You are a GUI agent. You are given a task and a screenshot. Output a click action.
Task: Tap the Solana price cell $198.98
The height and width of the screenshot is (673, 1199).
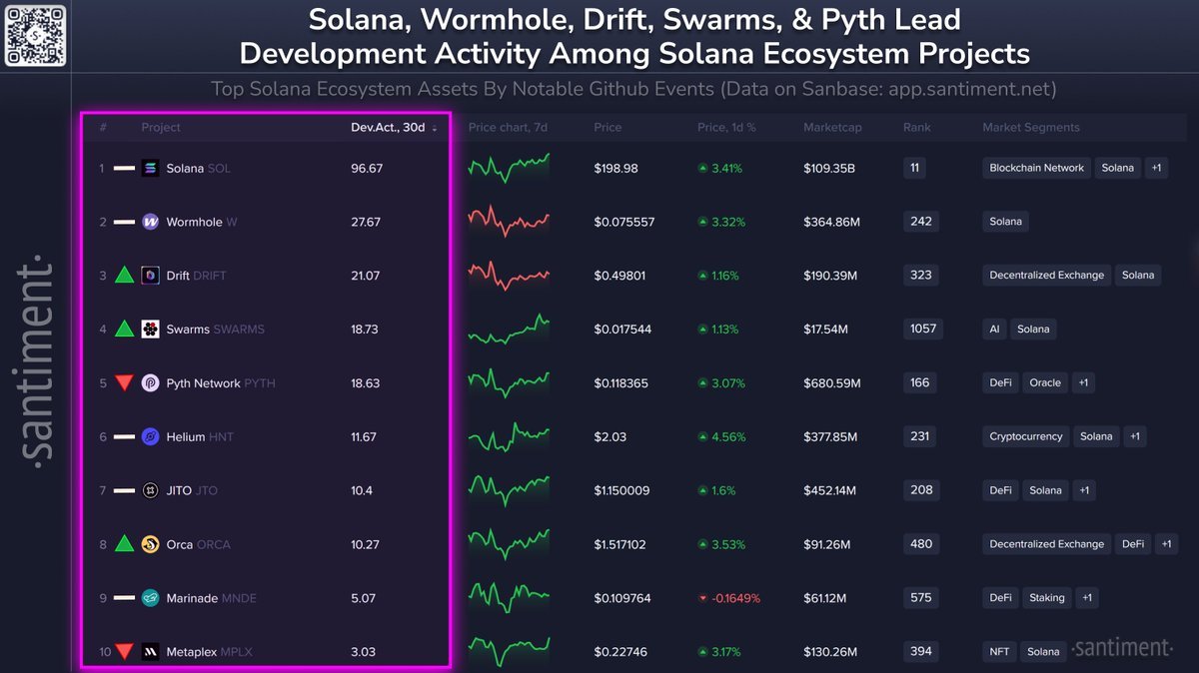click(615, 169)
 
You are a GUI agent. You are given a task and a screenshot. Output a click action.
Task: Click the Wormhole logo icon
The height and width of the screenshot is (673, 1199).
click(151, 223)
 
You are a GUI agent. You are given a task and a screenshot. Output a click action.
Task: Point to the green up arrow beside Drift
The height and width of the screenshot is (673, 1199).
click(124, 275)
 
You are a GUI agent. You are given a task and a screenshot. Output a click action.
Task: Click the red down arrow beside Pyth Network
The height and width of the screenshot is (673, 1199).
click(124, 382)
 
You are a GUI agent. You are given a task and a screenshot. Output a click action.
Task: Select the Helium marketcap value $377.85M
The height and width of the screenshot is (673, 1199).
click(831, 437)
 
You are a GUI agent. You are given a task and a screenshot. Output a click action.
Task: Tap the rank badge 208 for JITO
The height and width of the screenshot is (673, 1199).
click(921, 490)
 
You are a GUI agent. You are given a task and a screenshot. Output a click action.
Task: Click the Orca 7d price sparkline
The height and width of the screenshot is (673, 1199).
click(509, 544)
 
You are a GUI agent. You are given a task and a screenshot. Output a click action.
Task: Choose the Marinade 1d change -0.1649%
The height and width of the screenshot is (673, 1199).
click(729, 599)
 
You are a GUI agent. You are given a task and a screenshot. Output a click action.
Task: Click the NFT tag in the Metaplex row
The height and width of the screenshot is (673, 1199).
click(999, 652)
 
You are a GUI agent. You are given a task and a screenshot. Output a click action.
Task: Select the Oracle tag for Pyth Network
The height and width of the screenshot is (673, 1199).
click(1045, 383)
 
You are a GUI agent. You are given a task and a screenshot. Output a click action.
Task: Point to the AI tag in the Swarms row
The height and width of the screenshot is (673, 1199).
click(996, 330)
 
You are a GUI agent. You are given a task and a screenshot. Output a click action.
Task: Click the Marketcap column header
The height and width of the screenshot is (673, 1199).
click(831, 128)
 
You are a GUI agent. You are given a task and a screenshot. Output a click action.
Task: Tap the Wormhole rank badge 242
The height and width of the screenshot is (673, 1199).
click(920, 222)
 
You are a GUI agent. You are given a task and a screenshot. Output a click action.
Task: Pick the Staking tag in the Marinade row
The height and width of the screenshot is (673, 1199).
click(1046, 598)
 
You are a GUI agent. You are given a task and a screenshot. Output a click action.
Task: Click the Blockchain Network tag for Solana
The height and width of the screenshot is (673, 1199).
click(1036, 169)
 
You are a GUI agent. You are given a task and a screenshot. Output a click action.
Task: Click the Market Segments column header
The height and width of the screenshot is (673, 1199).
click(1030, 128)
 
